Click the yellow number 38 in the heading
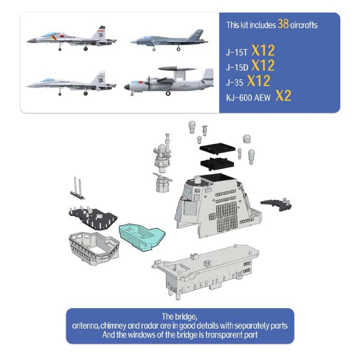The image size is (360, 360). [283, 24]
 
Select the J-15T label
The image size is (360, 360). [237, 53]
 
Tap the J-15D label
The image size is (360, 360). [237, 67]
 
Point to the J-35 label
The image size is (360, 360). [234, 82]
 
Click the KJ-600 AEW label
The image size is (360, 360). [248, 98]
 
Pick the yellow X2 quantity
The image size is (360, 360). [283, 96]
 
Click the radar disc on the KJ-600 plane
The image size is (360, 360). [177, 69]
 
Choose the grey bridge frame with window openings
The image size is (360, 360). [94, 248]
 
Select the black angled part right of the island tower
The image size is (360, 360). [276, 204]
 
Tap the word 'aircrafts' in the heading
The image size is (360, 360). [304, 25]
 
